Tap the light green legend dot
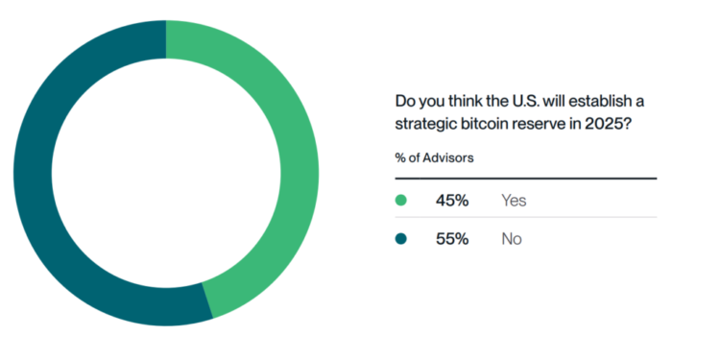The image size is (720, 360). tap(401, 201)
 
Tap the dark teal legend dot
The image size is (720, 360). tap(401, 238)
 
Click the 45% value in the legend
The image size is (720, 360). tap(452, 201)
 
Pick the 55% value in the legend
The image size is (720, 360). tap(452, 238)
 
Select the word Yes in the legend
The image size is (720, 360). tap(514, 201)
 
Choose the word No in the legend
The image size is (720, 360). tap(511, 238)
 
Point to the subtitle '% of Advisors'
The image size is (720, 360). tap(434, 157)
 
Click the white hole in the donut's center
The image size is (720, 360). tap(165, 173)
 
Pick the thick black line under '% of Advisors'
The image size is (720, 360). tap(525, 179)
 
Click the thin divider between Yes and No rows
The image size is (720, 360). tap(525, 218)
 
